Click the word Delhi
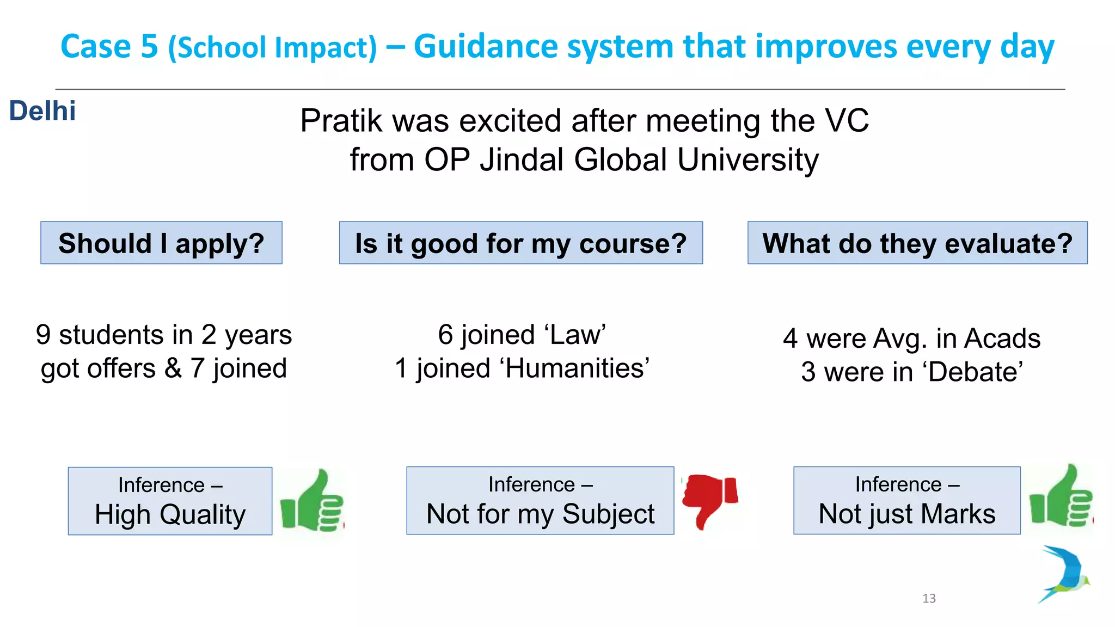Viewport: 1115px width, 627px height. pyautogui.click(x=42, y=111)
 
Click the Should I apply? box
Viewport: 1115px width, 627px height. pyautogui.click(x=161, y=243)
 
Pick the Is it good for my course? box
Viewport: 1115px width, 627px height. pyautogui.click(x=520, y=243)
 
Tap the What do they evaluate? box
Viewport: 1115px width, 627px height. pyautogui.click(x=917, y=243)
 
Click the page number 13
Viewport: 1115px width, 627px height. pyautogui.click(x=929, y=598)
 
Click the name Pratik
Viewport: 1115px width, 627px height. pyautogui.click(x=341, y=121)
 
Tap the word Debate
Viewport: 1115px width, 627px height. pyautogui.click(x=975, y=372)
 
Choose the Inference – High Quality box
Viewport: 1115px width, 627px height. pyautogui.click(x=170, y=501)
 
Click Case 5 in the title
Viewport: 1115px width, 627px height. pyautogui.click(x=109, y=47)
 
